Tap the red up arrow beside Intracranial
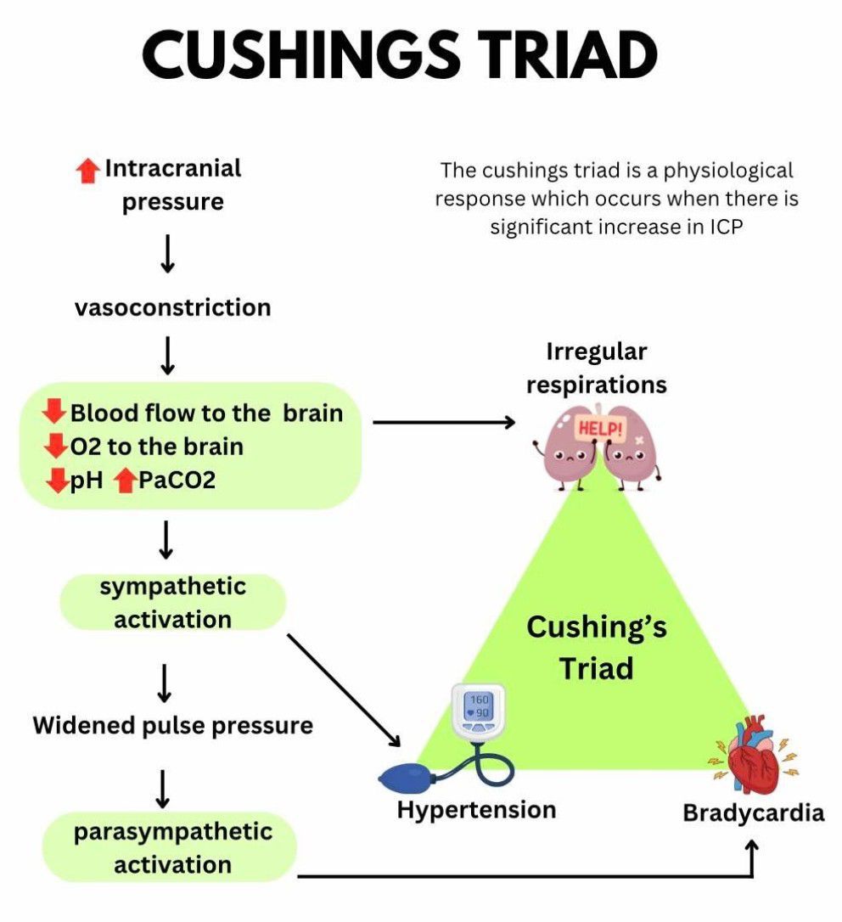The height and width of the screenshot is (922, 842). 87,171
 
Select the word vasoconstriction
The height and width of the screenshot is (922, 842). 172,306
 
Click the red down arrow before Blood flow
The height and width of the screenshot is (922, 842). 54,413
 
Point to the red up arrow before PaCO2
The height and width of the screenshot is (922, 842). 125,481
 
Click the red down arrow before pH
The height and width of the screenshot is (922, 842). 56,481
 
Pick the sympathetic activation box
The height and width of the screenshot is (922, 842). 172,603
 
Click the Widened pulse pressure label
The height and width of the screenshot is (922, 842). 172,726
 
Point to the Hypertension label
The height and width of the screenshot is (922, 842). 476,809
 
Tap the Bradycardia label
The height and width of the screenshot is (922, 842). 753,813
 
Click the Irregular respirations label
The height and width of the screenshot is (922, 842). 597,368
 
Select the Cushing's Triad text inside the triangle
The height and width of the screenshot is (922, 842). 597,648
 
